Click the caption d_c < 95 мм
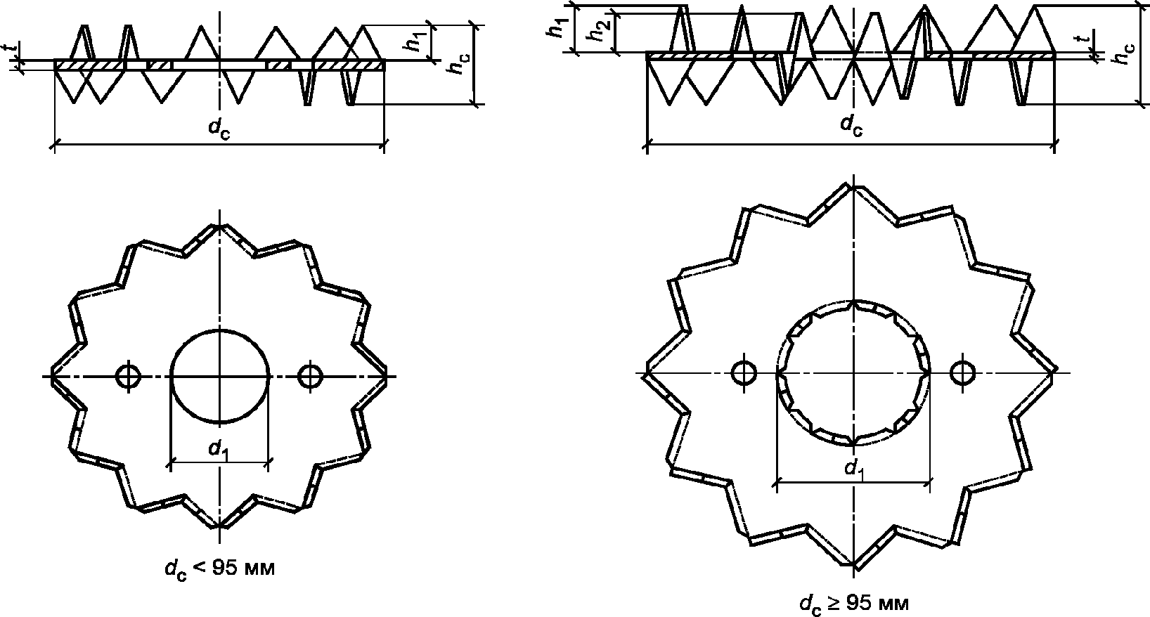click(x=220, y=569)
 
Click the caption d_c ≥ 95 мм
click(x=854, y=603)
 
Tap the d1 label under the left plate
click(x=218, y=450)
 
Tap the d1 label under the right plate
click(x=854, y=469)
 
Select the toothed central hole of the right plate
click(x=853, y=300)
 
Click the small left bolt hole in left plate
click(x=129, y=376)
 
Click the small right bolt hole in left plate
click(x=310, y=376)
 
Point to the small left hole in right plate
click(x=744, y=373)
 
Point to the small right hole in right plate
click(x=963, y=373)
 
